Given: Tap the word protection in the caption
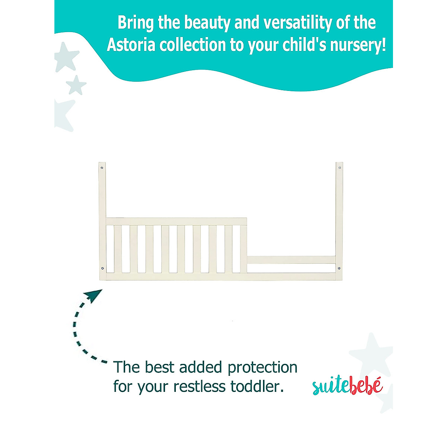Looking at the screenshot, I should (263, 367).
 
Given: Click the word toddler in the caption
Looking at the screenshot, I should (257, 387).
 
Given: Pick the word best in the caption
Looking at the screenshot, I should (159, 367).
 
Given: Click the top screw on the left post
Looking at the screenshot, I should (102, 168).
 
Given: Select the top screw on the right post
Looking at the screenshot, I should (339, 168).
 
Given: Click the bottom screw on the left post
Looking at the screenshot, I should (102, 268).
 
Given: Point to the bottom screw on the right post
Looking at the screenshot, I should (339, 268).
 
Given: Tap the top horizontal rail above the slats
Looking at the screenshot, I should (176, 222).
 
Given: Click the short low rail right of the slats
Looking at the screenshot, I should (291, 260).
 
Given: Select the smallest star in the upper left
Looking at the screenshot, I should (76, 85).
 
